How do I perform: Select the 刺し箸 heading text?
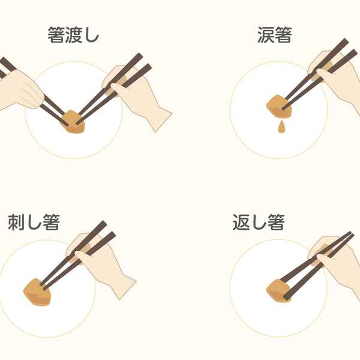[x=34, y=223]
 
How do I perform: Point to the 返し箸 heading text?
[x=258, y=223]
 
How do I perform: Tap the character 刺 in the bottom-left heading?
[x=16, y=223]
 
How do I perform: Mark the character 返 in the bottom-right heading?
[x=241, y=223]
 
